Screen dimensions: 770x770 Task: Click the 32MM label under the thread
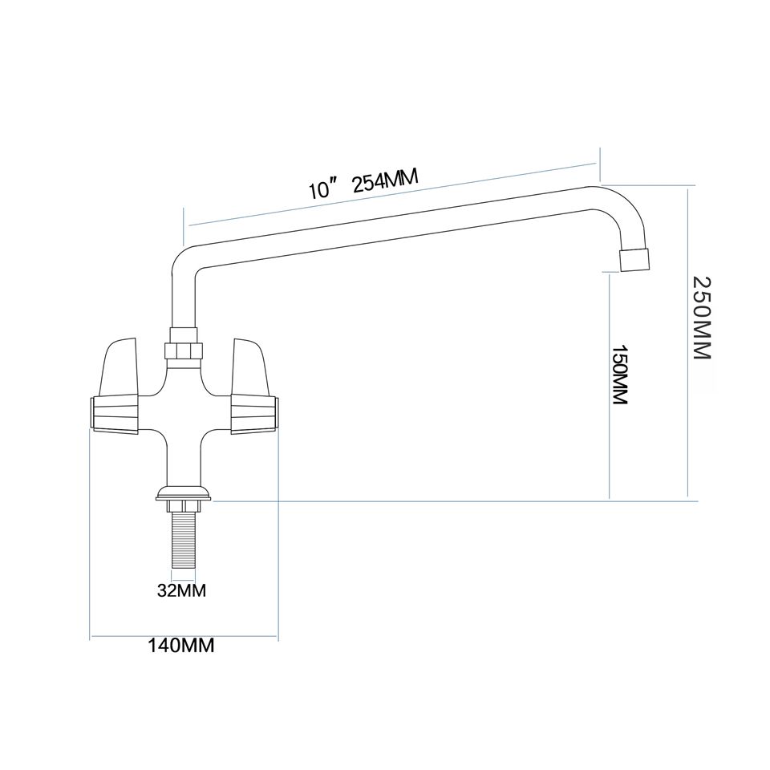[x=181, y=591]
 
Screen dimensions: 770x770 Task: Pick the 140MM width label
[x=182, y=645]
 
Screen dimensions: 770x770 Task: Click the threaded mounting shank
[x=183, y=542]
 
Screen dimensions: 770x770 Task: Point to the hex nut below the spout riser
[x=184, y=350]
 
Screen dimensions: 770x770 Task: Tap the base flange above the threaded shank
[x=184, y=492]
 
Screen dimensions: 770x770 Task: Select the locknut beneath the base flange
[x=184, y=505]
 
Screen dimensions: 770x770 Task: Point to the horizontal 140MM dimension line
[x=183, y=638]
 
